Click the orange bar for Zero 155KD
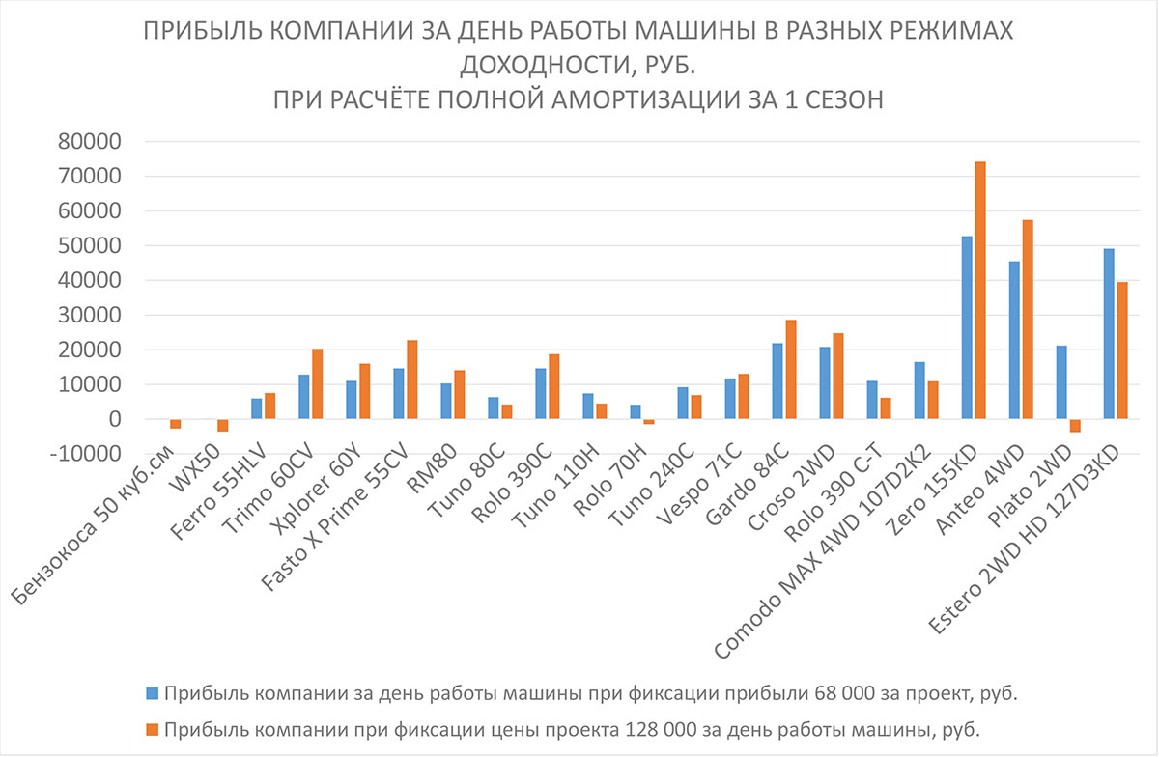(980, 290)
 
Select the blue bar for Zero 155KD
(967, 327)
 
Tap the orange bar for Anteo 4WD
(1028, 320)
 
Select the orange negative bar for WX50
(223, 425)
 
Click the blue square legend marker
(152, 692)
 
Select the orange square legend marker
(152, 726)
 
